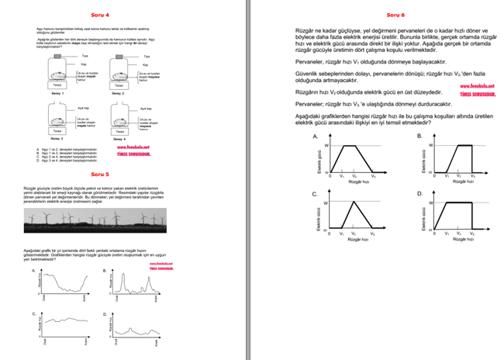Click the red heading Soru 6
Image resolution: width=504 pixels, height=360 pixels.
(x=396, y=15)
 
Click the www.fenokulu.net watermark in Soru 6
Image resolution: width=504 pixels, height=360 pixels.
(x=472, y=87)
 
